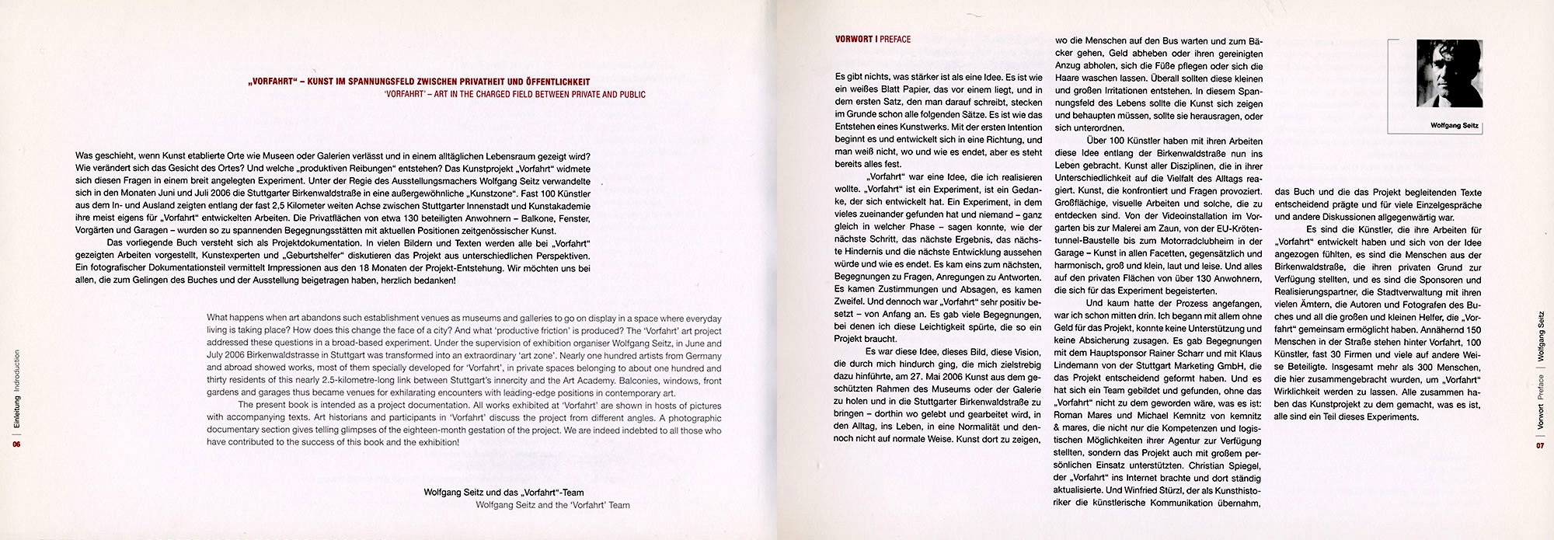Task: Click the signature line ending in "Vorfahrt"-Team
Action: tap(503, 493)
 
